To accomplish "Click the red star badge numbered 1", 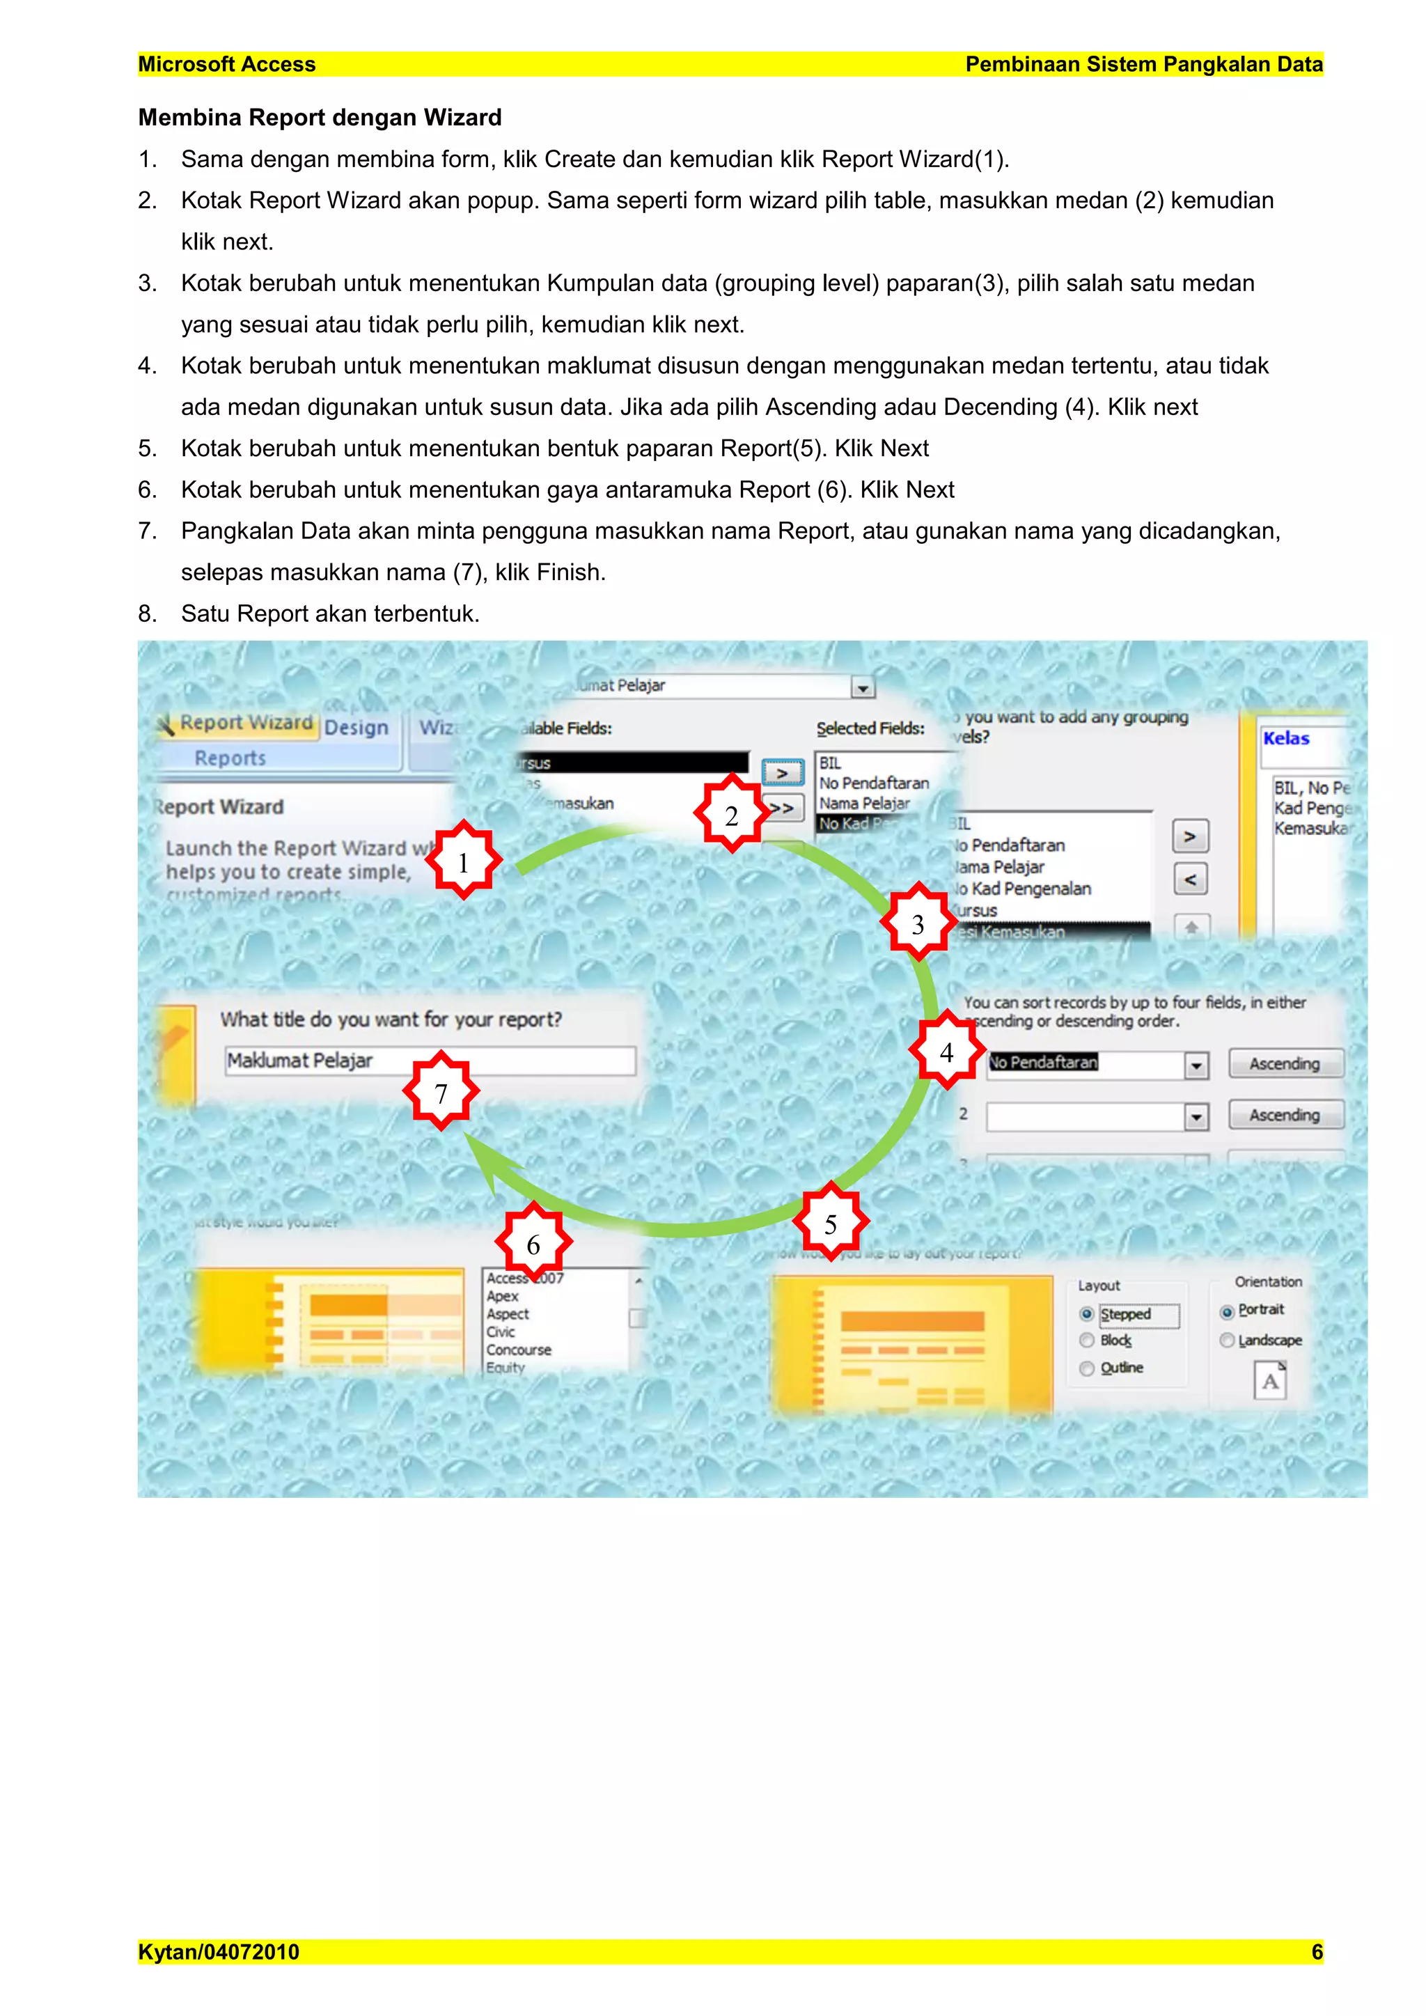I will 463,861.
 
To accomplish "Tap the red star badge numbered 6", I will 533,1243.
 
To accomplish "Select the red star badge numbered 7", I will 441,1093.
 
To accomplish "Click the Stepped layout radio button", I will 1087,1315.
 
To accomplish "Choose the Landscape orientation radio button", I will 1228,1341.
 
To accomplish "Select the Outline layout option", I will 1087,1368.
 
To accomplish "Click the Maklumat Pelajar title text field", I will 430,1061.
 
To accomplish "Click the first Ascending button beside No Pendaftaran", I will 1285,1063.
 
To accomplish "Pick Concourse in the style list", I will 519,1350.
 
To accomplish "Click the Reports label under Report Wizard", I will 230,758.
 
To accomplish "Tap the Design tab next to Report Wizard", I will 356,727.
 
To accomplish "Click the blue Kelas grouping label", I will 1286,738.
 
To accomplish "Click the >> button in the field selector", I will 783,808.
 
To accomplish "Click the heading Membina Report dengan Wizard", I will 320,118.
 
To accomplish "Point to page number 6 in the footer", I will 1316,1952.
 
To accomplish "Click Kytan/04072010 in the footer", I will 219,1952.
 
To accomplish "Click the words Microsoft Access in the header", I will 226,64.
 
